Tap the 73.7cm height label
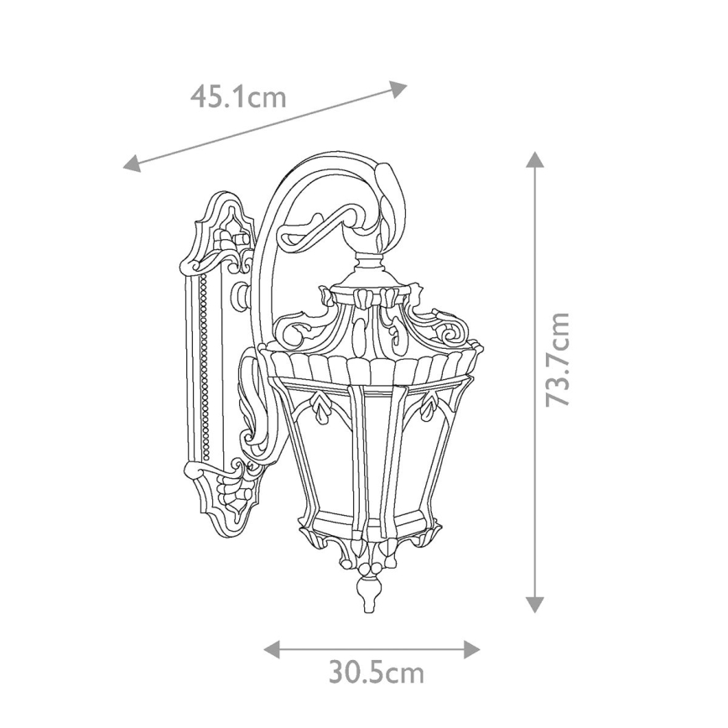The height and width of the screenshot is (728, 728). point(557,359)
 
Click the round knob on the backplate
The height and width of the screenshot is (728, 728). point(242,294)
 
